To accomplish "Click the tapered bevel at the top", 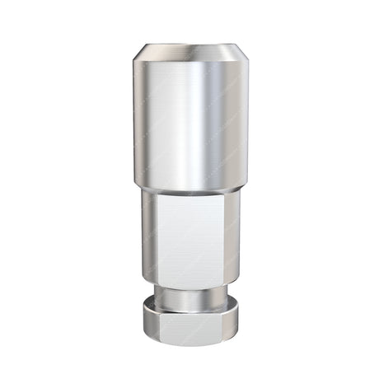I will (189, 53).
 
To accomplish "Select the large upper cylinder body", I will (189, 124).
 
